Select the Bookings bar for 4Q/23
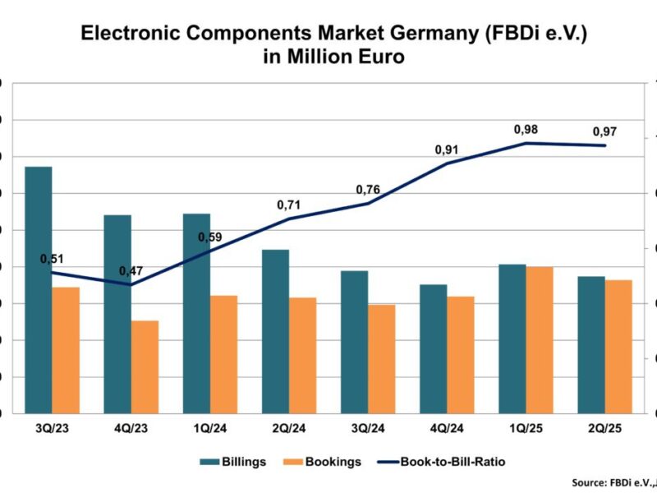tap(145, 366)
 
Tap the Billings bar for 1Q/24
tap(196, 312)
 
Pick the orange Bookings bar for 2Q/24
tap(302, 355)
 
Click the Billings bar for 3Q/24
tap(354, 341)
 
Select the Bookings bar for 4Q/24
tap(460, 354)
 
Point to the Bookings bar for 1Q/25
tap(539, 339)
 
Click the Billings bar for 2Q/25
tap(591, 344)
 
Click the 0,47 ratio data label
tap(131, 271)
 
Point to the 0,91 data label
tap(447, 150)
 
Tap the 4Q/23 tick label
tap(131, 428)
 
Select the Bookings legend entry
tap(324, 461)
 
